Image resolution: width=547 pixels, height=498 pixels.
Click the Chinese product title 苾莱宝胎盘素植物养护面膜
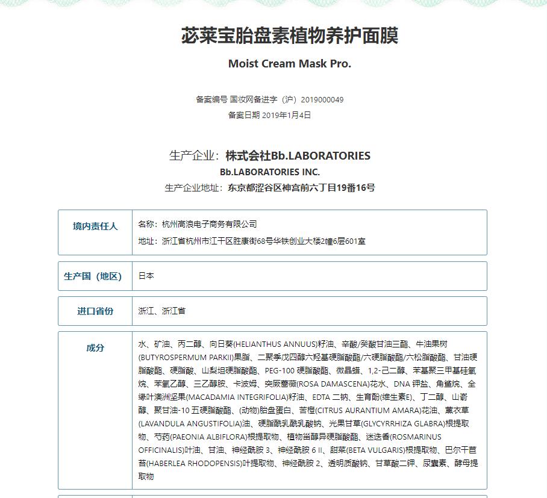tap(289, 36)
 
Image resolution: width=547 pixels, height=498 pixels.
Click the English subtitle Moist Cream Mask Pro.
tap(289, 64)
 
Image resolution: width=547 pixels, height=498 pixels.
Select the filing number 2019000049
tap(322, 99)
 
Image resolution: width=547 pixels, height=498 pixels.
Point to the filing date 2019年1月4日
tap(287, 115)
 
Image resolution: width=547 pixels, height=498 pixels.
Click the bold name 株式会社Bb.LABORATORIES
tap(298, 156)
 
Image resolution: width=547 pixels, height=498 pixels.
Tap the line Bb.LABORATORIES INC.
tap(270, 172)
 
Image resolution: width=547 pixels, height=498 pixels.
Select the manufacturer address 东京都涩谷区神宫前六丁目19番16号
tap(301, 188)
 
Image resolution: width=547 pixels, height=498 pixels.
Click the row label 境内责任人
tap(95, 226)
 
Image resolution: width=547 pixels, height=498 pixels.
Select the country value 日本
tap(146, 276)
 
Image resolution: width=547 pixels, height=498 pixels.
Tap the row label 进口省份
tap(95, 311)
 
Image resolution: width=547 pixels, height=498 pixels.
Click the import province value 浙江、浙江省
tap(161, 311)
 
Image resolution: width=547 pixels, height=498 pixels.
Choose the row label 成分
tap(95, 347)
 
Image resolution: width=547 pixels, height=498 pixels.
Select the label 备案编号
tap(211, 99)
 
